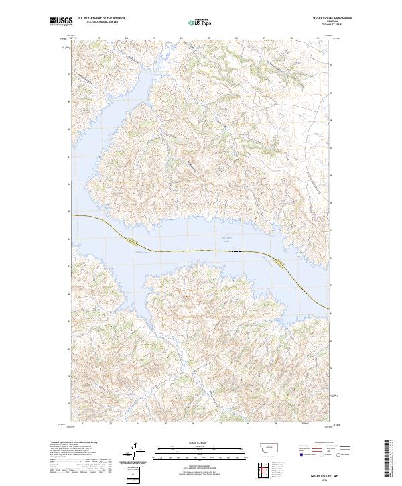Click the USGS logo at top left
tap(61, 21)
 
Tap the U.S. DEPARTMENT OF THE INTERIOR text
tap(101, 19)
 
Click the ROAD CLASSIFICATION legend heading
tap(317, 444)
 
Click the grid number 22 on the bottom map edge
tap(82, 424)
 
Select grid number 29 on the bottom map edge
tap(275, 424)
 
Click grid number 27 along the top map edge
tap(209, 38)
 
